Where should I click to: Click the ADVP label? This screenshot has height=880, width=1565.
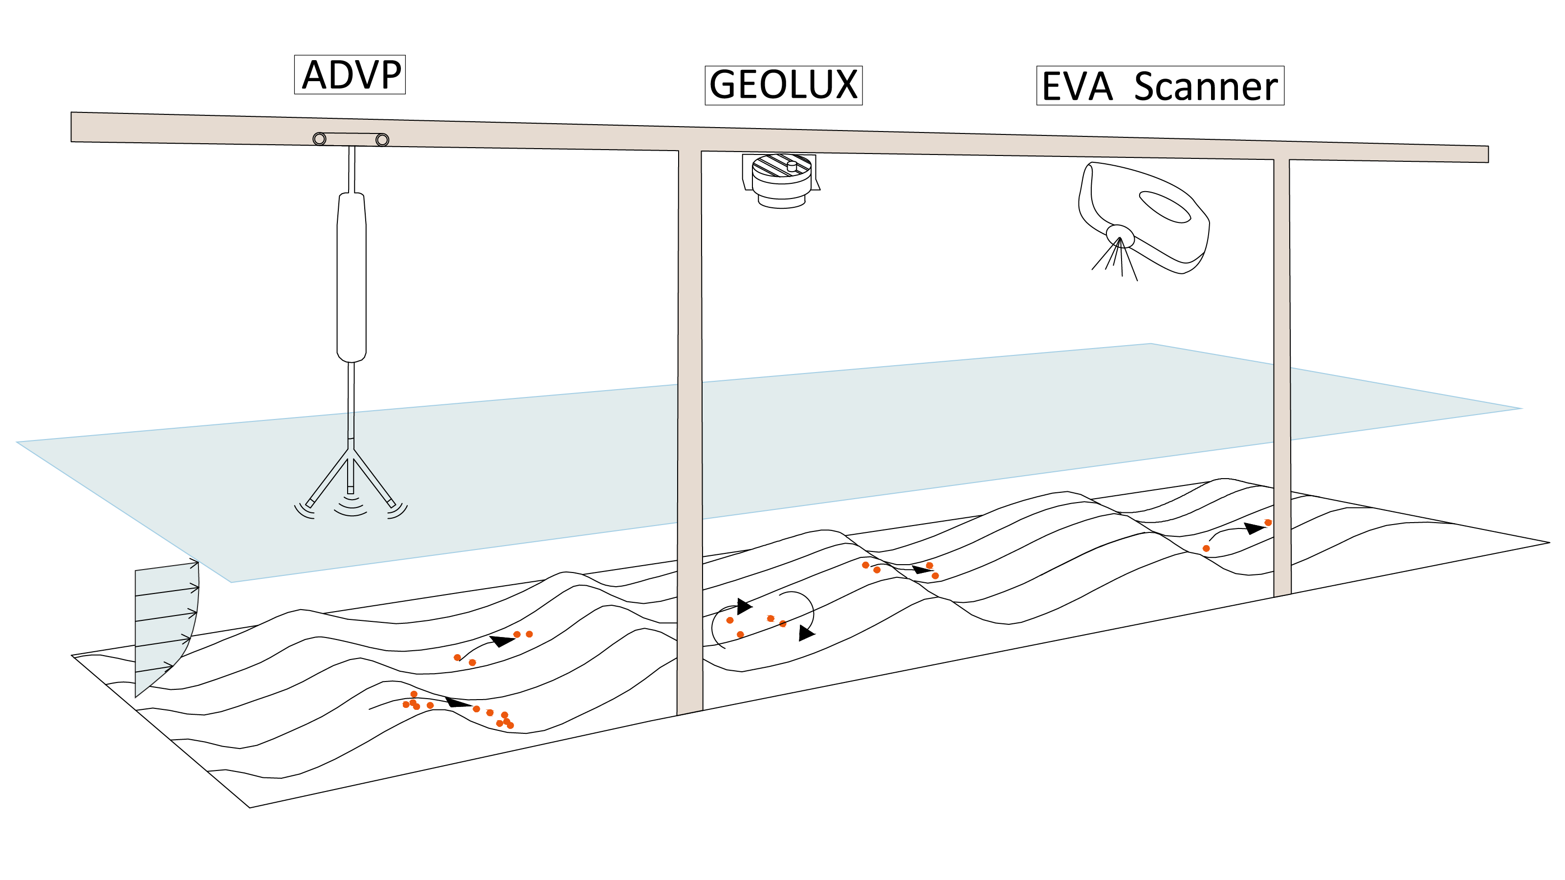(x=350, y=75)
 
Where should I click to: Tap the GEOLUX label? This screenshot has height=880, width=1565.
(x=783, y=85)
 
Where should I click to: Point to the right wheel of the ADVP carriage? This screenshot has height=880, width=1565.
(x=382, y=140)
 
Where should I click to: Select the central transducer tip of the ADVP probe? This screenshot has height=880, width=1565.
(x=351, y=489)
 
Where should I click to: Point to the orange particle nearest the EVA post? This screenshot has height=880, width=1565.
(x=1268, y=522)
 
